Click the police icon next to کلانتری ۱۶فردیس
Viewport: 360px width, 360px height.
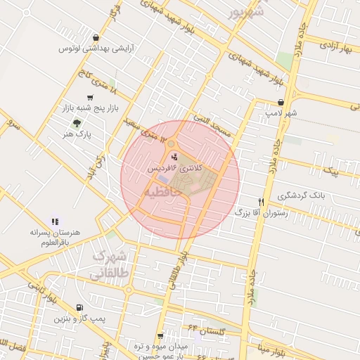(175, 156)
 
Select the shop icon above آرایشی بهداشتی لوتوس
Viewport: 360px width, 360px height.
(96, 38)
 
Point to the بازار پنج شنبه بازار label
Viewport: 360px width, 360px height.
(89, 109)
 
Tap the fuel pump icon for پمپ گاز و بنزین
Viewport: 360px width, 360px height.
(79, 307)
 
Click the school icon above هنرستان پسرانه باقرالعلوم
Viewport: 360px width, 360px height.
(56, 221)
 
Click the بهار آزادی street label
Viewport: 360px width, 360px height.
(335, 47)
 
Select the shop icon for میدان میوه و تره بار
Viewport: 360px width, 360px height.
(160, 336)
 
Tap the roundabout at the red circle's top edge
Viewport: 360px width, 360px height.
(171, 143)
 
